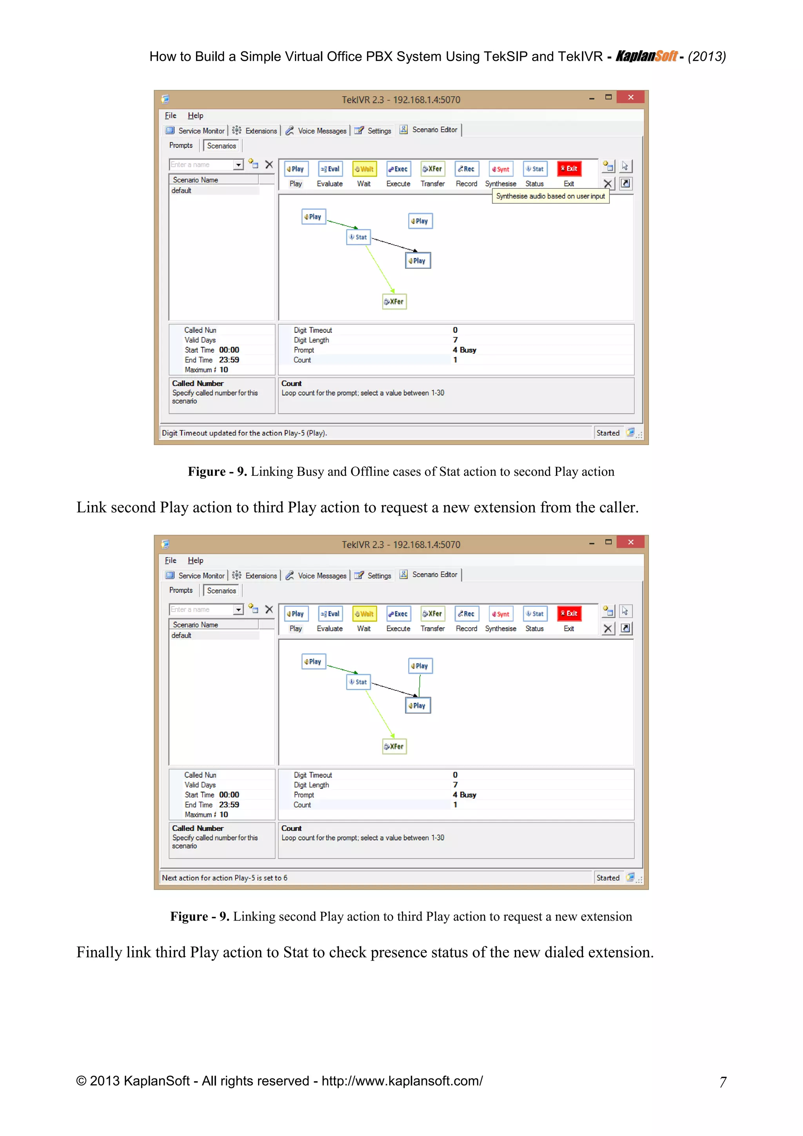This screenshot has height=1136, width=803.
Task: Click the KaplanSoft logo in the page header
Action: click(x=646, y=56)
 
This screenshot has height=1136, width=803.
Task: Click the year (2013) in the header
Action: click(x=707, y=57)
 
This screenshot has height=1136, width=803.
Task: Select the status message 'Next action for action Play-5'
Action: click(x=225, y=878)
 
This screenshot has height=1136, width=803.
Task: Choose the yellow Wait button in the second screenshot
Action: click(x=364, y=614)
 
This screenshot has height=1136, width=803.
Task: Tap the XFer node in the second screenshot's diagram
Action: click(x=394, y=746)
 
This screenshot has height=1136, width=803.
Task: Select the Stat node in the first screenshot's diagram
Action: click(x=358, y=237)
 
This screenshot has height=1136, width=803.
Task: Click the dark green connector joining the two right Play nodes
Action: click(x=419, y=685)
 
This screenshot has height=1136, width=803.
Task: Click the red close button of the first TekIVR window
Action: click(x=630, y=97)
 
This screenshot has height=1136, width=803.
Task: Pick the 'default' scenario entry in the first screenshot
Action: click(x=182, y=191)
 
